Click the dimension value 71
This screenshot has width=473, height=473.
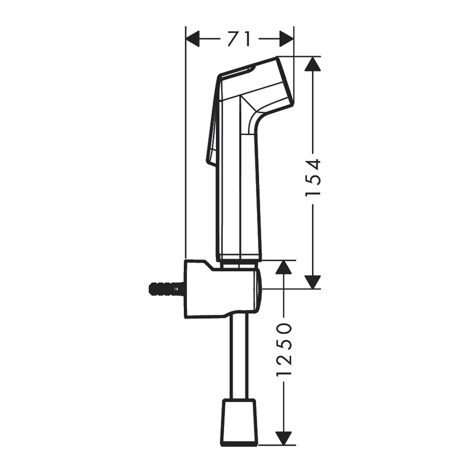[x=239, y=38]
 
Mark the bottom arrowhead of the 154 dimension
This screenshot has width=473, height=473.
[x=313, y=282]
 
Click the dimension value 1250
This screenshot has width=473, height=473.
[x=284, y=351]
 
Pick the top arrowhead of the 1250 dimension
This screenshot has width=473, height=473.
[x=284, y=268]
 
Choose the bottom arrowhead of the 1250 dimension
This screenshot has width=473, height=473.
[x=284, y=438]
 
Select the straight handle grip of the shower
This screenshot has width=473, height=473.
[x=239, y=200]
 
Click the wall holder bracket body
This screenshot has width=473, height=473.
[x=221, y=289]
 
